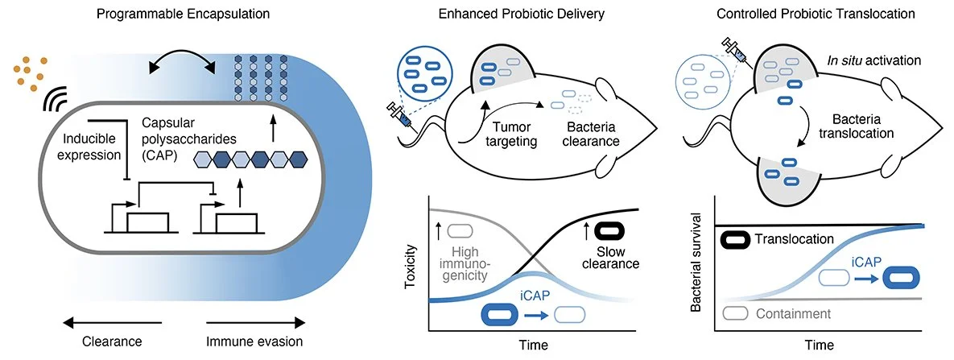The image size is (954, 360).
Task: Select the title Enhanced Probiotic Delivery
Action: click(521, 14)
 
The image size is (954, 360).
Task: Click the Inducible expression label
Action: click(92, 147)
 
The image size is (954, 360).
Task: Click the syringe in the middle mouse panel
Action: click(403, 118)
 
